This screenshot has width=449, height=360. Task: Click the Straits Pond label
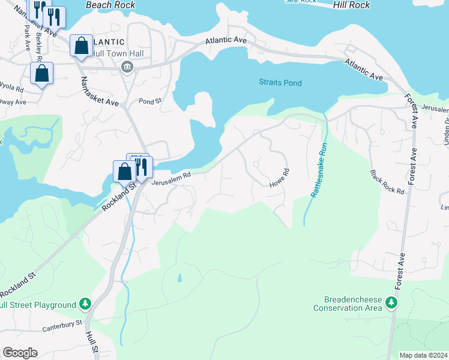tap(280, 83)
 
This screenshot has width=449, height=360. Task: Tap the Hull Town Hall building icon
tap(127, 66)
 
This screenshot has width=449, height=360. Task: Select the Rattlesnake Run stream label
tap(318, 169)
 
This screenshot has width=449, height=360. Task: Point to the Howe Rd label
tap(279, 179)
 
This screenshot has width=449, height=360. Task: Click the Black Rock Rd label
tap(387, 181)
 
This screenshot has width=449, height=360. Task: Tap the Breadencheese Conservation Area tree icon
tap(391, 302)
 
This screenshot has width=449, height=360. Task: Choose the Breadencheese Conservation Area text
tap(348, 304)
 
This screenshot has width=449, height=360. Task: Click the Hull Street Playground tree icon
tap(85, 304)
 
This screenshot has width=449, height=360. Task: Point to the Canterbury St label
tap(62, 327)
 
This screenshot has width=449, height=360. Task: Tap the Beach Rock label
tap(107, 5)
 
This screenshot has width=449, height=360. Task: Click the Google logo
tap(19, 353)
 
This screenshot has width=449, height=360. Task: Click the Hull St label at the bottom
tap(91, 345)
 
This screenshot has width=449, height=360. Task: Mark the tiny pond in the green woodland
tap(179, 278)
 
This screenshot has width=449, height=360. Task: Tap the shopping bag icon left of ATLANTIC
tap(81, 46)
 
